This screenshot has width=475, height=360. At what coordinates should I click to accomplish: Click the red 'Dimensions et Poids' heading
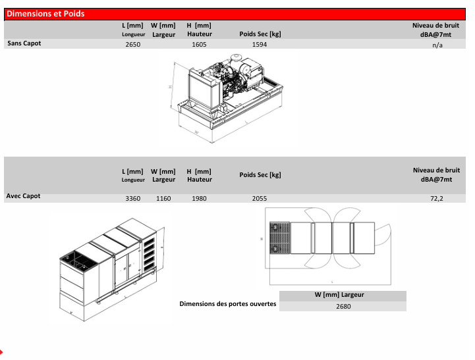pyautogui.click(x=45, y=14)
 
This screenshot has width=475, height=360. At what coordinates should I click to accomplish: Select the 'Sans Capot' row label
pyautogui.click(x=24, y=43)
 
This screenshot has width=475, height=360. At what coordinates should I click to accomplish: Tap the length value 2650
pyautogui.click(x=133, y=45)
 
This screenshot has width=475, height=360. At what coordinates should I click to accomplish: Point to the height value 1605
pyautogui.click(x=200, y=45)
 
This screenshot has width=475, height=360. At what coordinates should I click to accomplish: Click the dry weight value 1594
pyautogui.click(x=260, y=45)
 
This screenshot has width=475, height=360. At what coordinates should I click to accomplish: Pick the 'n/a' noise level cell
pyautogui.click(x=437, y=45)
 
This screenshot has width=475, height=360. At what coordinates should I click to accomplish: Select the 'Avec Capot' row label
pyautogui.click(x=23, y=196)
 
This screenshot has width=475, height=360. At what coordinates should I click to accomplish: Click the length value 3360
pyautogui.click(x=133, y=199)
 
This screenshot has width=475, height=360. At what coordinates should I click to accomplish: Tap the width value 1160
pyautogui.click(x=163, y=199)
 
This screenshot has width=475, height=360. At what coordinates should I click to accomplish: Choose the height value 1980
pyautogui.click(x=200, y=199)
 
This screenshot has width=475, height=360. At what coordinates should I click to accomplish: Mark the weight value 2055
pyautogui.click(x=260, y=199)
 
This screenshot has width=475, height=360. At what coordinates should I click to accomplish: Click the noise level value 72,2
pyautogui.click(x=437, y=199)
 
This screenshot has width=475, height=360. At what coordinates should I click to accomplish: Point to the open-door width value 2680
pyautogui.click(x=343, y=307)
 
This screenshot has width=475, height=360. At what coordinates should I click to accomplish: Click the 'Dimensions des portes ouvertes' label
pyautogui.click(x=228, y=304)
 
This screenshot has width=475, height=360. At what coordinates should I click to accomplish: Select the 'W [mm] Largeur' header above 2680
pyautogui.click(x=339, y=295)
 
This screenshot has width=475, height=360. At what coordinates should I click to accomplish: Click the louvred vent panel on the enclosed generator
pyautogui.click(x=149, y=254)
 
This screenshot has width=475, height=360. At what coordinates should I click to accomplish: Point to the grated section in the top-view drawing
pyautogui.click(x=280, y=238)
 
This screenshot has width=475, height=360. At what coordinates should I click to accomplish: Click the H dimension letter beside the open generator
pyautogui.click(x=170, y=87)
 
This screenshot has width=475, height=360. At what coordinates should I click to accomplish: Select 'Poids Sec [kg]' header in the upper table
pyautogui.click(x=260, y=34)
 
